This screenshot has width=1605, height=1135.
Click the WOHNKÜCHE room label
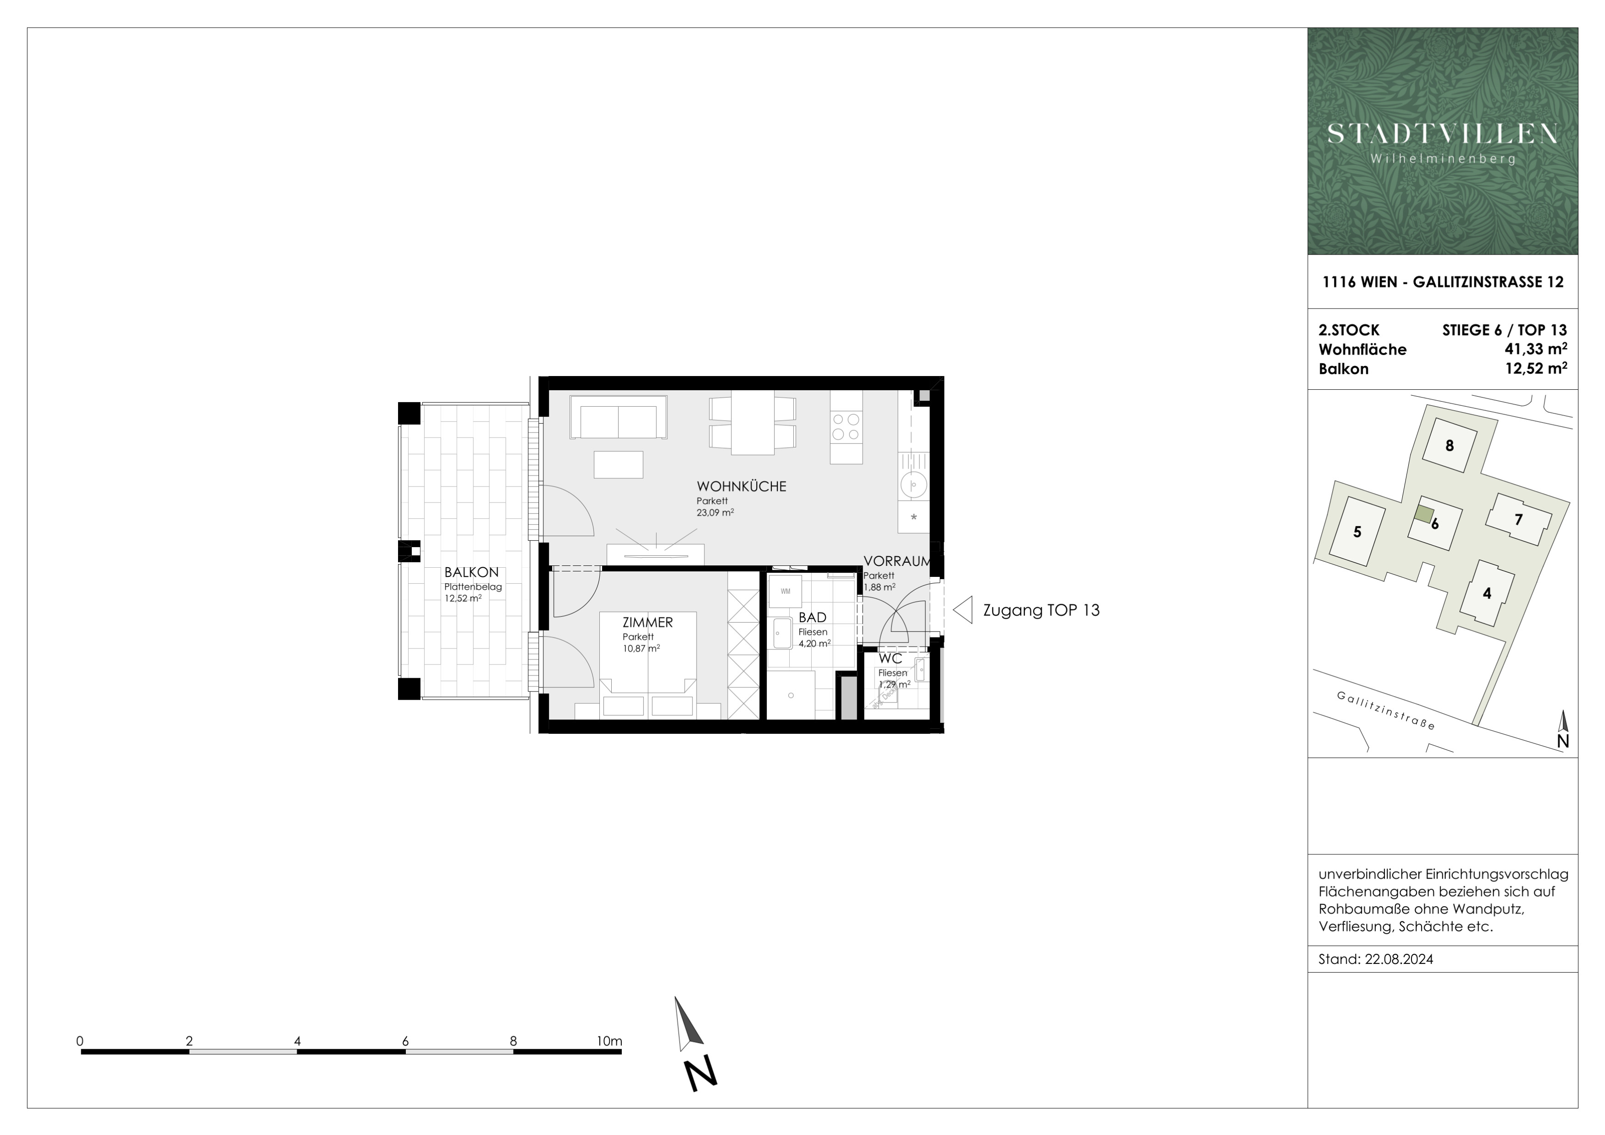tap(741, 487)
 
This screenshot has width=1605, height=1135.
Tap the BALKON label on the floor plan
tap(471, 572)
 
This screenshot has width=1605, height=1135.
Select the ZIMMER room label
tap(648, 622)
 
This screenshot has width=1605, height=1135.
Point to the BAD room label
tap(812, 617)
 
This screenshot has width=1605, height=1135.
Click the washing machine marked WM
tap(785, 591)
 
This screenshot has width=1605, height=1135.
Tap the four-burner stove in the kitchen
tap(846, 426)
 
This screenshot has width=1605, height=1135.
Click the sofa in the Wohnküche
tap(618, 417)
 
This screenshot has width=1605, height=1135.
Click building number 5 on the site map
tap(1357, 532)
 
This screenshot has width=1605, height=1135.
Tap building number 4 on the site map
tap(1487, 593)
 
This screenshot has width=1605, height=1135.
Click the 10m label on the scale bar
tap(609, 1041)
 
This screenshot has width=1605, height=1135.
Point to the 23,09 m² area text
tap(715, 512)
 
